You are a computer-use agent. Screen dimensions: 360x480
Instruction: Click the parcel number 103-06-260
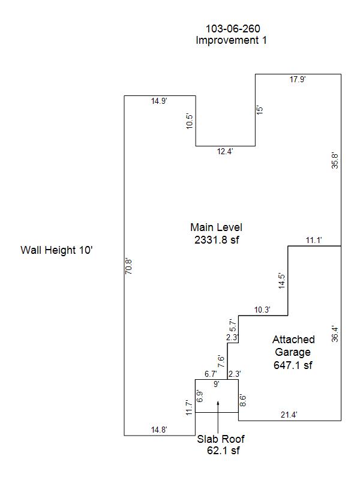pos(233,29)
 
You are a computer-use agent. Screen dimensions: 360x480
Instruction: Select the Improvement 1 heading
pos(231,40)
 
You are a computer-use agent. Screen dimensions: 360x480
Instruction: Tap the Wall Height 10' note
pos(56,250)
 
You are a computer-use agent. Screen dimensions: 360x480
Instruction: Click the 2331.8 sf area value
pos(217,239)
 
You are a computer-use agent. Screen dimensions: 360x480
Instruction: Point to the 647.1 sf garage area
pos(293,365)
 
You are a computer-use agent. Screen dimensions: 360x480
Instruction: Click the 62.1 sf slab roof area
pos(223,451)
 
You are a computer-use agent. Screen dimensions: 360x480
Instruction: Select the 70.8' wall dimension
pos(128,266)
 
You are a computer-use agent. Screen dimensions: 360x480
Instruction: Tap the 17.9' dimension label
pos(298,79)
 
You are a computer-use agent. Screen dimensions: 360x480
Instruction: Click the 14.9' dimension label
pos(159,101)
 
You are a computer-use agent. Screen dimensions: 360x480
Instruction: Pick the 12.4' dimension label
pos(225,151)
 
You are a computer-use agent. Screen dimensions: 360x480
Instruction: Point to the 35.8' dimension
pos(335,161)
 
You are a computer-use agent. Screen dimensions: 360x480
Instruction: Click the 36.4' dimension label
pos(335,334)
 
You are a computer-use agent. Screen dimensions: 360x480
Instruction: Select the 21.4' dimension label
pos(289,415)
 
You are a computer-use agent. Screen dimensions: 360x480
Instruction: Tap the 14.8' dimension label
pos(159,430)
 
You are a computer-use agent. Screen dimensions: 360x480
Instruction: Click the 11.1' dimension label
pos(314,241)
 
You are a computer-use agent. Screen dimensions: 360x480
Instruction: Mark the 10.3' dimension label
pos(262,310)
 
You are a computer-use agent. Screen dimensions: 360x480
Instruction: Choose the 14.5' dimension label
pos(281,281)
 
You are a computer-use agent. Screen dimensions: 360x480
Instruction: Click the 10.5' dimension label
pos(190,121)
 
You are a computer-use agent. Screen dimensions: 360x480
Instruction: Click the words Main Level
pos(216,227)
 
